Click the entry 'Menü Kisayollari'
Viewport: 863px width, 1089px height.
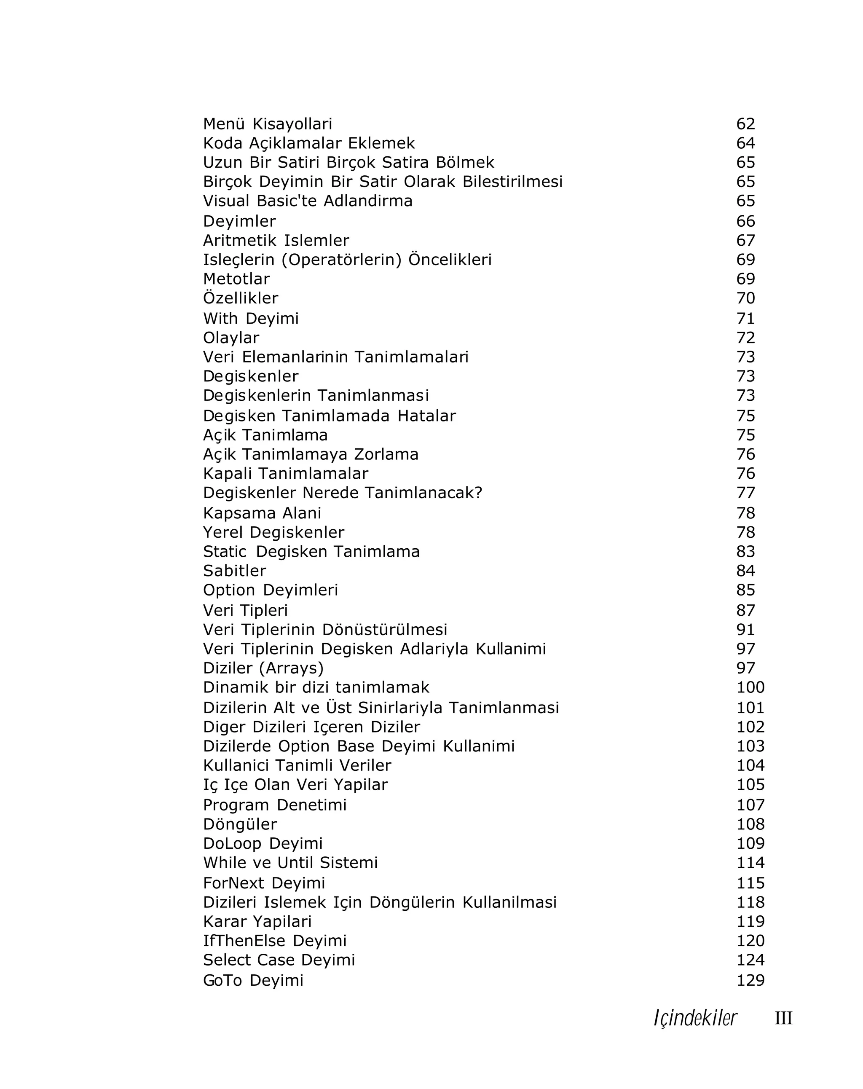[x=268, y=124]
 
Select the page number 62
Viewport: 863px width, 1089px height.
[x=745, y=124]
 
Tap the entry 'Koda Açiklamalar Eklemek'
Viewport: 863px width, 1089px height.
[x=308, y=143]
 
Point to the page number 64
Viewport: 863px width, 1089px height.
[x=745, y=143]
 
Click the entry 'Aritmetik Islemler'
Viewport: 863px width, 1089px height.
[x=276, y=240]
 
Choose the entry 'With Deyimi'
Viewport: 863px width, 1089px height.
[x=250, y=318]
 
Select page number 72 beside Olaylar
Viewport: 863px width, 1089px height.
[x=745, y=338]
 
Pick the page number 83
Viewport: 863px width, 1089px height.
[x=745, y=551]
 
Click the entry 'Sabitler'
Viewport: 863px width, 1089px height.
[x=234, y=570]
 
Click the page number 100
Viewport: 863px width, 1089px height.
[x=750, y=687]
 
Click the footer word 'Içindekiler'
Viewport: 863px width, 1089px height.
[x=695, y=1018]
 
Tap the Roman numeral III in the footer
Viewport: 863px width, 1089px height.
[x=783, y=1018]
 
